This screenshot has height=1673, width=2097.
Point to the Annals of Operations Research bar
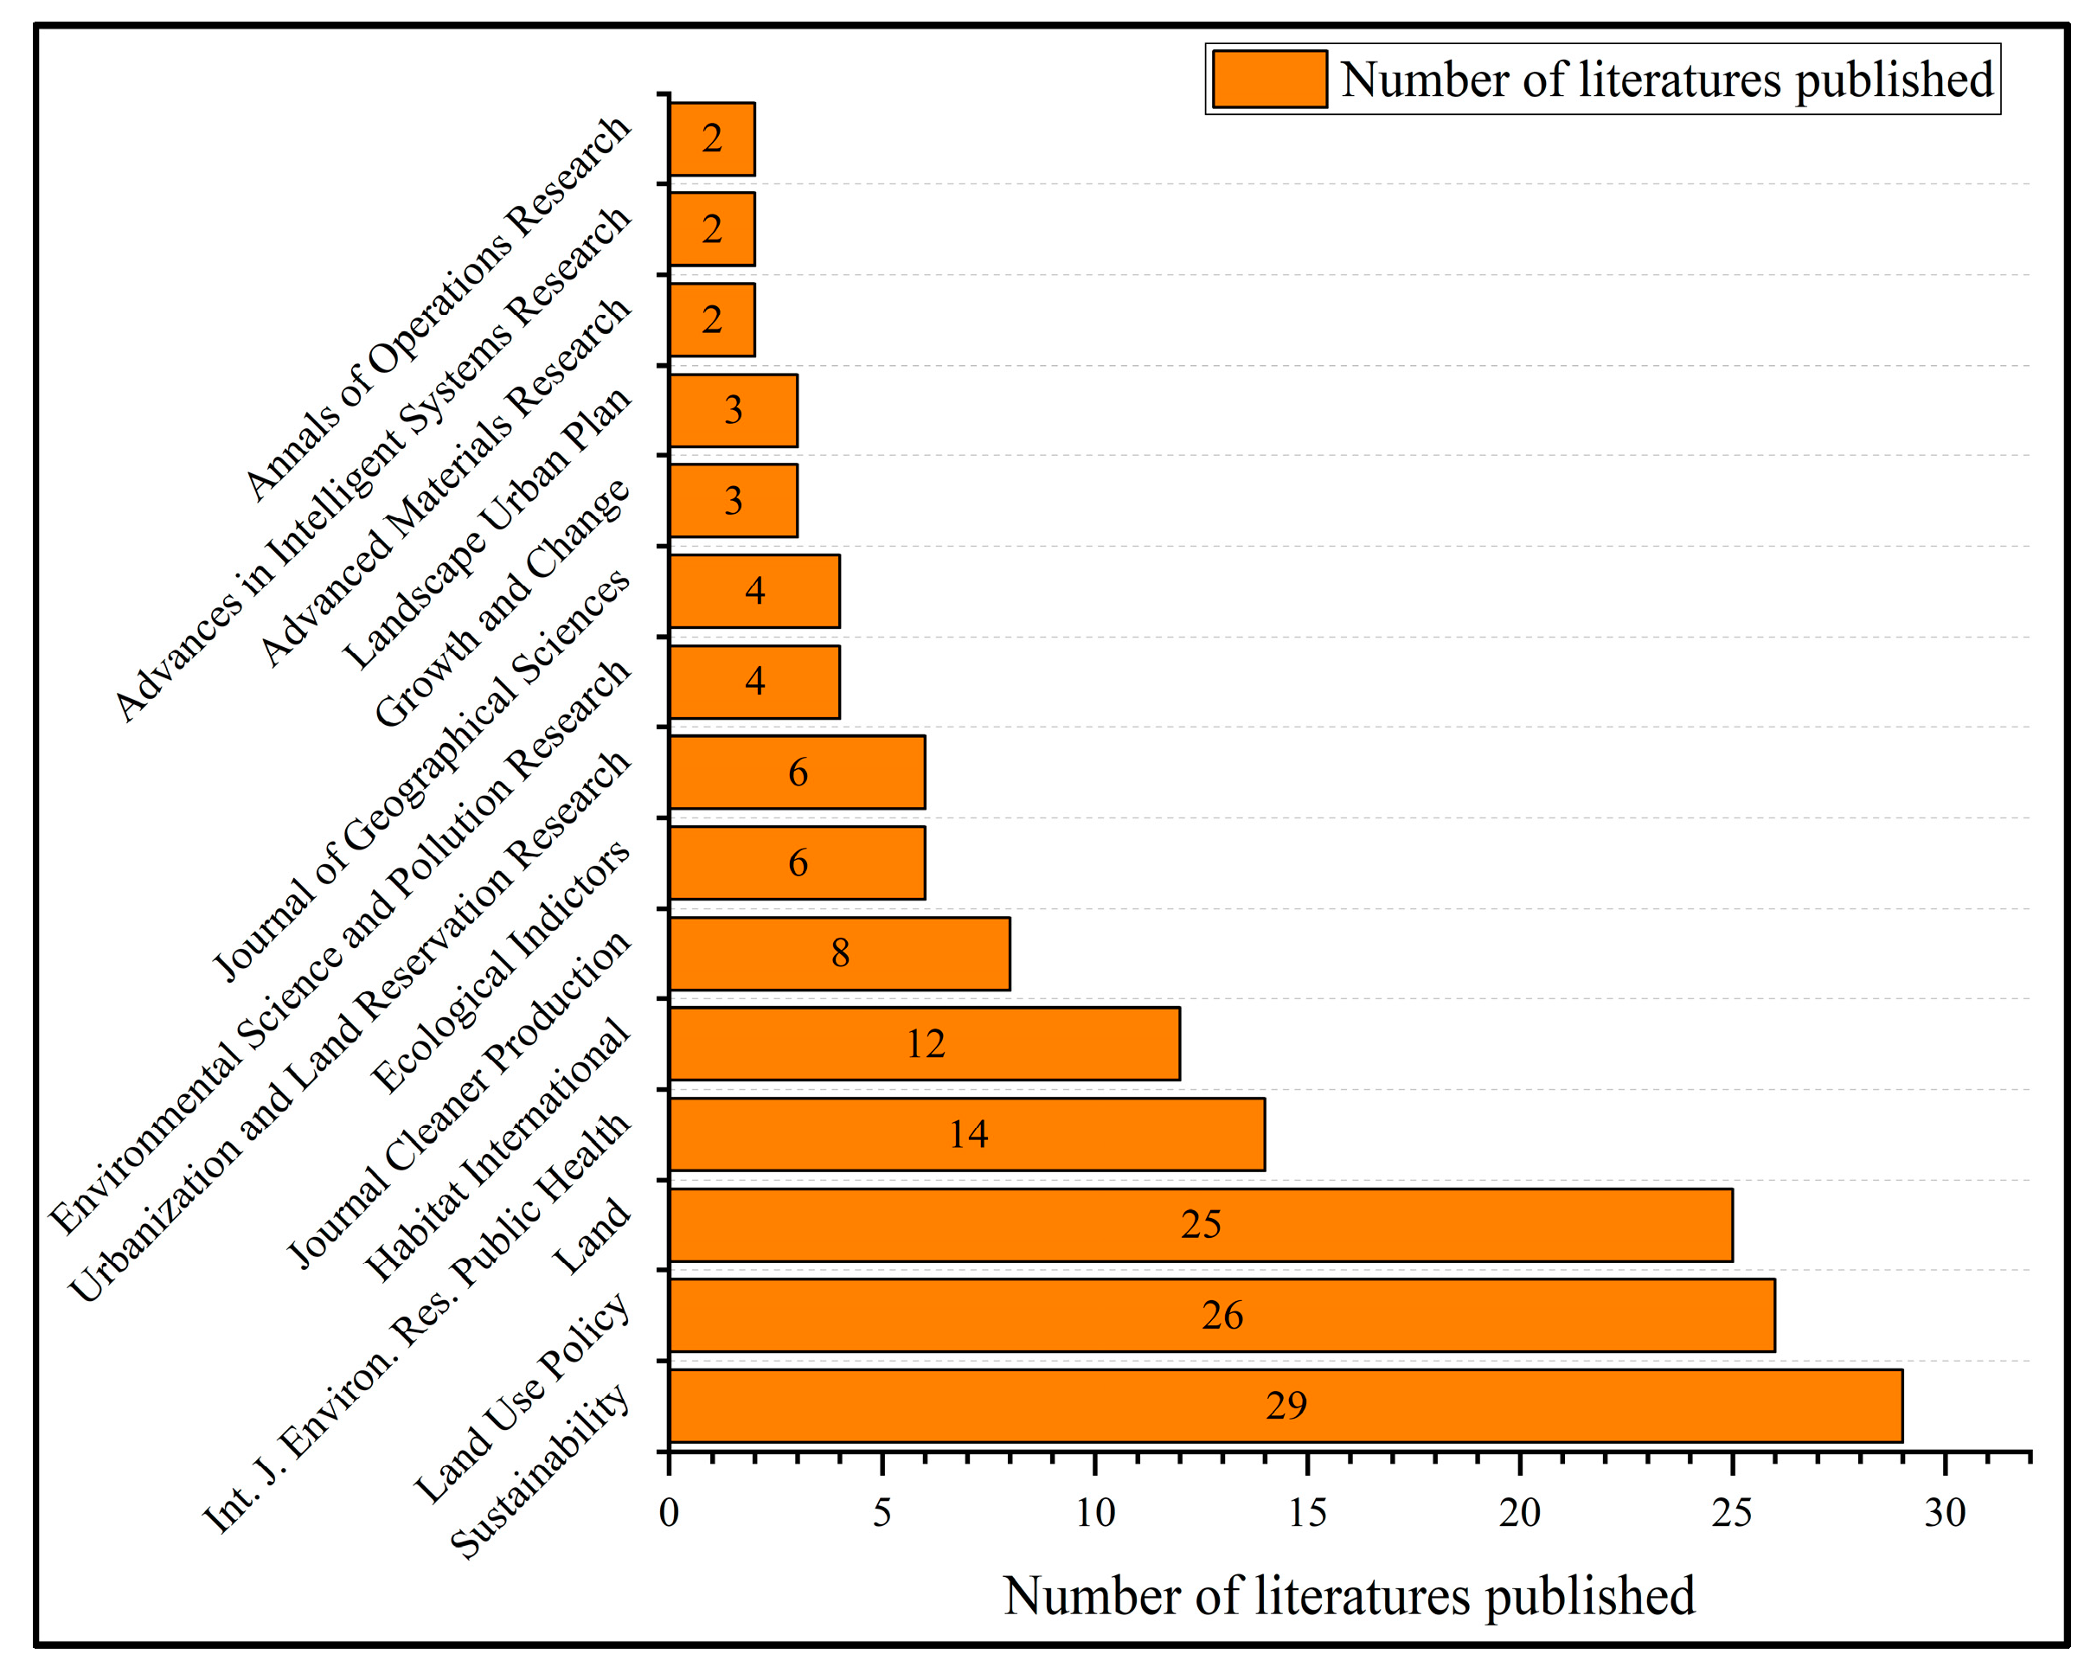tap(712, 139)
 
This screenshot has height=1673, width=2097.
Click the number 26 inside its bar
tap(1222, 1315)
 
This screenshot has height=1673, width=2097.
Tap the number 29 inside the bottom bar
tap(1286, 1406)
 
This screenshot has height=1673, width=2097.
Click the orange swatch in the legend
tap(1269, 79)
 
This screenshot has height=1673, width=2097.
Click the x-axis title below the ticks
tap(1349, 1596)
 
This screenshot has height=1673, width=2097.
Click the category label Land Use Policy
tap(523, 1398)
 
